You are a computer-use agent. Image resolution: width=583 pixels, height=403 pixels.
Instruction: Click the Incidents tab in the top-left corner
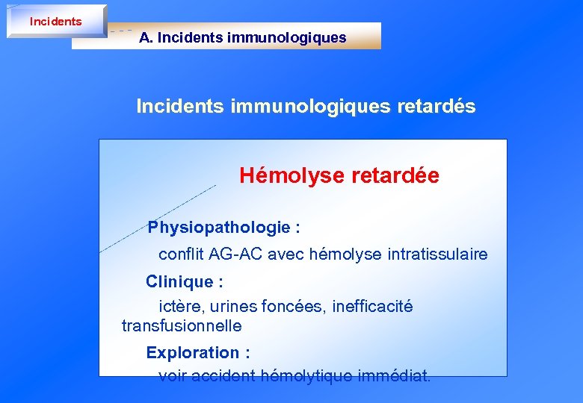pos(55,22)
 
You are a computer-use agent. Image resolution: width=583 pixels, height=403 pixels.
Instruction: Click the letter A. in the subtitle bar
pos(146,37)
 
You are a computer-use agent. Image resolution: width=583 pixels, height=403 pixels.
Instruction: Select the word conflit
pos(182,254)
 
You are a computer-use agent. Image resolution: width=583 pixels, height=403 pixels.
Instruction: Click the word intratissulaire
pos(437,254)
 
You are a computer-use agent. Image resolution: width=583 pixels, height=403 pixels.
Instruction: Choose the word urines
pos(235,307)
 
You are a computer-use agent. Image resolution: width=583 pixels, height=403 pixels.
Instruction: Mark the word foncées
pos(296,307)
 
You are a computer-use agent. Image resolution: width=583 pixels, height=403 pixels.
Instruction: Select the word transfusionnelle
pos(182,326)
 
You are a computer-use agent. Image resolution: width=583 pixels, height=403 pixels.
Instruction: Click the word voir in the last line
pos(173,375)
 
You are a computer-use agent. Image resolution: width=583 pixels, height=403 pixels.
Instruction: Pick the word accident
pos(223,375)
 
